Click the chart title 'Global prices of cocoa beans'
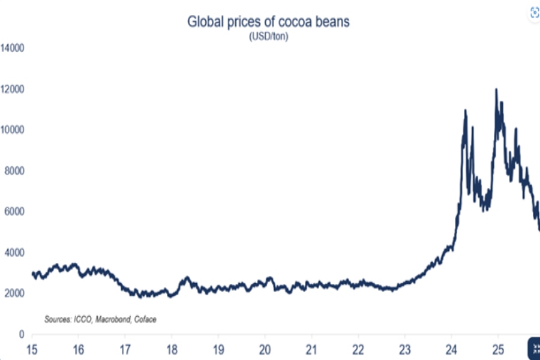click(268, 22)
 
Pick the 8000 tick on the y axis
click(13, 171)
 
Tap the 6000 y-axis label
click(13, 212)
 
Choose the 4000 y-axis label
click(13, 253)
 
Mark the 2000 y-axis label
click(13, 293)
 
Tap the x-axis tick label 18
click(172, 349)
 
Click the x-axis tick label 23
click(404, 349)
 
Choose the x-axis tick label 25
click(497, 349)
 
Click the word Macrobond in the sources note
click(110, 319)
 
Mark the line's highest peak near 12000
click(496, 90)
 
